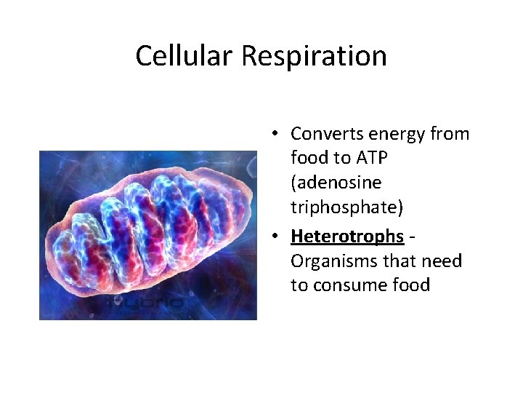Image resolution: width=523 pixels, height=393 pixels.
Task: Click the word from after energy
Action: pos(450,134)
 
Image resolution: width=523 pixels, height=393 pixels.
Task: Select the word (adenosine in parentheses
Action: pos(336,183)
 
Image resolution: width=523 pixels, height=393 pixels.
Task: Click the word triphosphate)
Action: pos(347,207)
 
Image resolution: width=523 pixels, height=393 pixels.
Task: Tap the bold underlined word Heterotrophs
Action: pos(346,236)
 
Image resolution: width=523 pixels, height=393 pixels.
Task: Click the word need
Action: pos(441,261)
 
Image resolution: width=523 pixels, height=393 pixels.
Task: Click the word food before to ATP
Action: pos(309,158)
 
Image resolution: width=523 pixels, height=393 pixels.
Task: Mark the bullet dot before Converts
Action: pos(277,134)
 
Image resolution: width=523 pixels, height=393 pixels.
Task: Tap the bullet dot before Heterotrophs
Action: pos(277,236)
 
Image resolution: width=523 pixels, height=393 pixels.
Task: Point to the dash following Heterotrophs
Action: pos(411,237)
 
